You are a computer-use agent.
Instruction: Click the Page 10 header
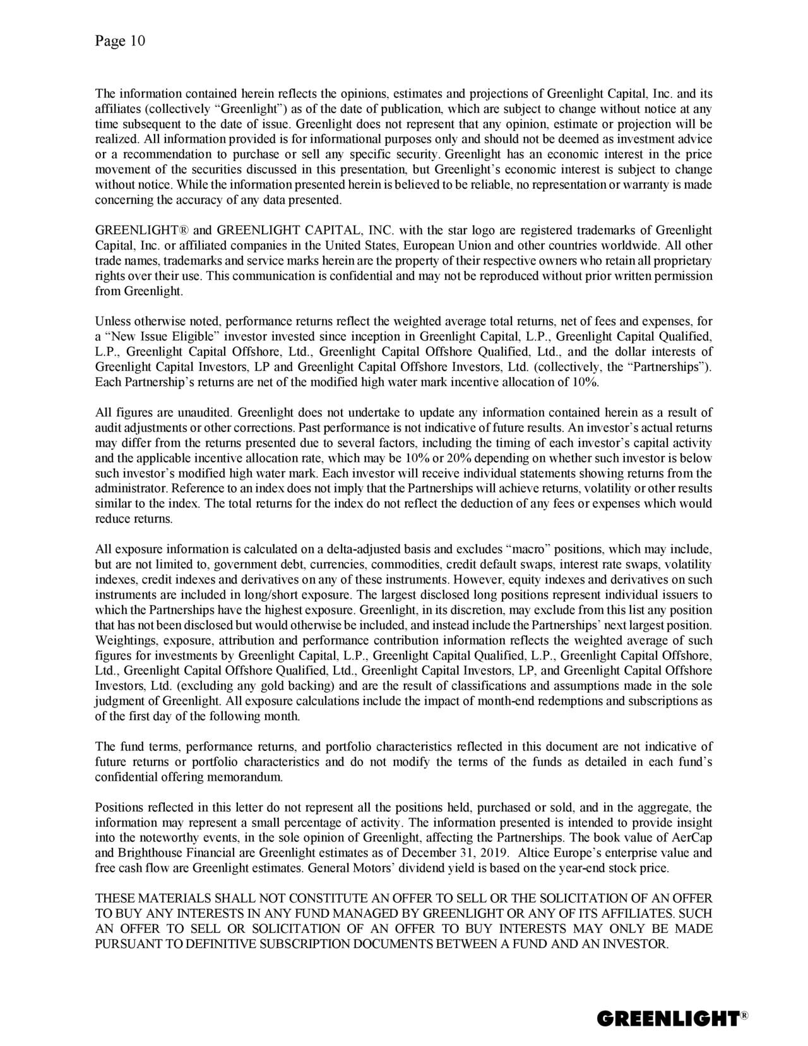point(120,42)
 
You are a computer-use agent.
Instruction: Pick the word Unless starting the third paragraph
point(112,321)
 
